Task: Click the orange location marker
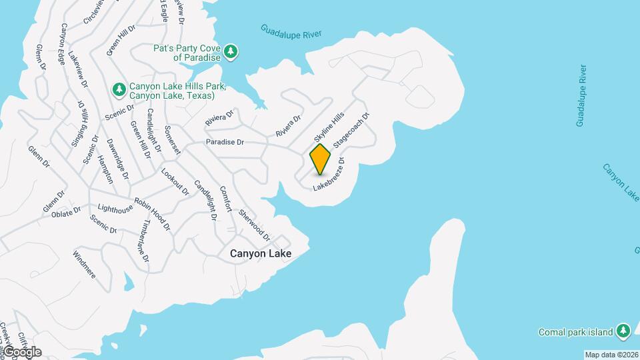point(320,159)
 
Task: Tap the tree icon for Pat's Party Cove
point(231,52)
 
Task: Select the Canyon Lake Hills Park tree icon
point(119,89)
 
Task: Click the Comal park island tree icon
point(623,331)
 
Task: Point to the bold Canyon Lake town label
point(261,253)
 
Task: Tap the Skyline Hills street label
point(329,126)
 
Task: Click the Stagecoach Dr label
point(351,130)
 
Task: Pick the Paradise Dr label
point(225,142)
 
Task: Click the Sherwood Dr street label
point(254,225)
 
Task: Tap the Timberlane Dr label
point(143,241)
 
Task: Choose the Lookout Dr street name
point(175,181)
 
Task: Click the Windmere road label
point(85,265)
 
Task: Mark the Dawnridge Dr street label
point(119,159)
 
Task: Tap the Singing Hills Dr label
point(79,125)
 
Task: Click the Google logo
point(21,352)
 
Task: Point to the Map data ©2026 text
point(611,355)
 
